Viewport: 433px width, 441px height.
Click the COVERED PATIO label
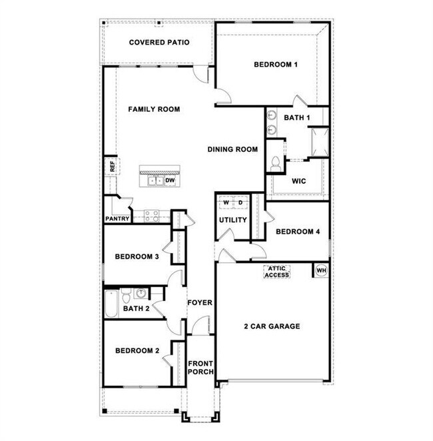pos(159,43)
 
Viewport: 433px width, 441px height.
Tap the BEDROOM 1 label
pos(276,65)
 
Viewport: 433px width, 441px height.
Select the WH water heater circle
pos(321,270)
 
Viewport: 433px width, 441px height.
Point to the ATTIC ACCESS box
pos(276,272)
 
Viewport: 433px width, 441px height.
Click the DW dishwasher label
pos(170,181)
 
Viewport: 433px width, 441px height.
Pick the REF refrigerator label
pos(112,167)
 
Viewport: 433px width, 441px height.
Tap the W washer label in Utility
pos(226,203)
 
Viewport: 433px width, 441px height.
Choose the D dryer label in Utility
pos(240,203)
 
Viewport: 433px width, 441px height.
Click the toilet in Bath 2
pos(127,295)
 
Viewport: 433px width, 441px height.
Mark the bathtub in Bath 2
pos(111,304)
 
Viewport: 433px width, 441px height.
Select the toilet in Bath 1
pos(276,163)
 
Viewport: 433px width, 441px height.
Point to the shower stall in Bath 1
pos(320,142)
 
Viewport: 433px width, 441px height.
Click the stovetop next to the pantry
pos(152,216)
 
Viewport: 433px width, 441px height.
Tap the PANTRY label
pos(117,219)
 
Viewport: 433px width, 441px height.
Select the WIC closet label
pos(298,181)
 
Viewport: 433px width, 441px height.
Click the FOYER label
pos(200,302)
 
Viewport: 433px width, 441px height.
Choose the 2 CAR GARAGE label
pos(272,326)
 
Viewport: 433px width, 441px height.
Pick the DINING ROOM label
pos(232,149)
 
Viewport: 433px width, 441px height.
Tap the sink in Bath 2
pos(141,293)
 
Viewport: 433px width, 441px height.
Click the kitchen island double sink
pos(156,181)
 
